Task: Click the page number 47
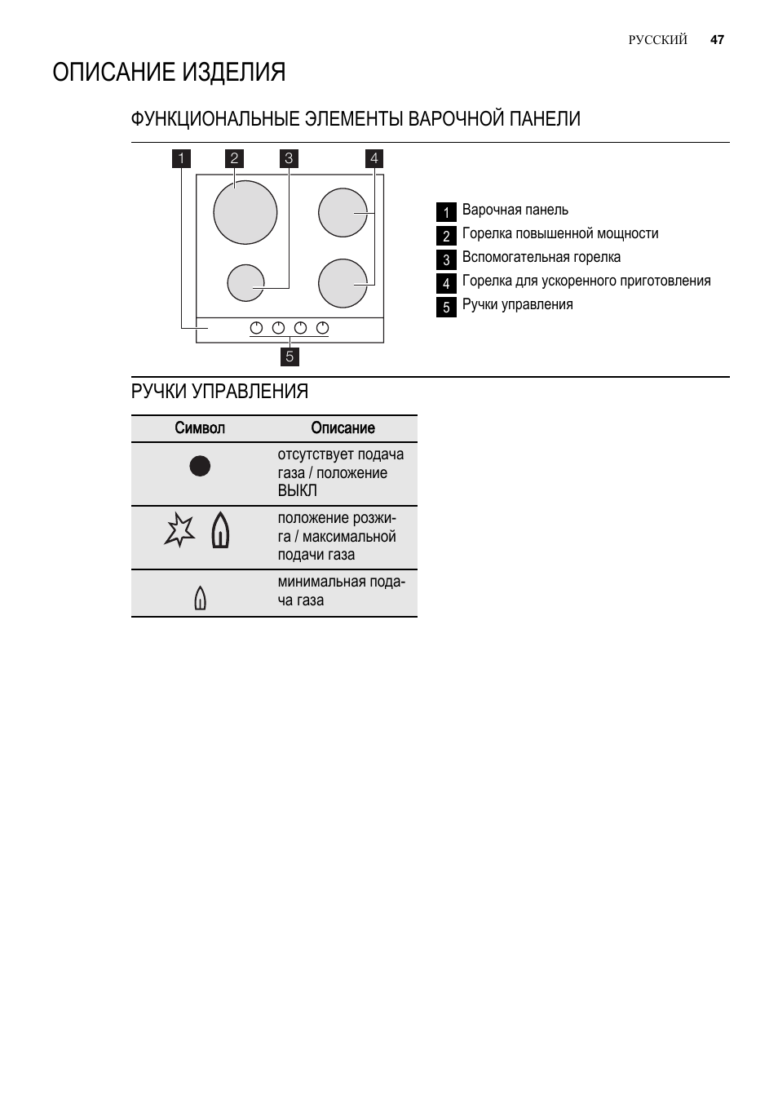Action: click(x=717, y=39)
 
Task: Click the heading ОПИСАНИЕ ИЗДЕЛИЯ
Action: click(x=169, y=73)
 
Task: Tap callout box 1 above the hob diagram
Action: click(x=181, y=158)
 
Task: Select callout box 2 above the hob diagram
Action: click(x=234, y=158)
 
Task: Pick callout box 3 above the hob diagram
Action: click(x=288, y=158)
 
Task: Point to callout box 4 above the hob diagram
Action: click(x=374, y=158)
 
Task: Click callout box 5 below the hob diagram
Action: click(x=290, y=357)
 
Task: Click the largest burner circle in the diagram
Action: click(x=245, y=212)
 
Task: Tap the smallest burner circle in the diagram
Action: click(x=245, y=283)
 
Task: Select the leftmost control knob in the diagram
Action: click(x=256, y=328)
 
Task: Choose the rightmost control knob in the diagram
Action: click(x=322, y=328)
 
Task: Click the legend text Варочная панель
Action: click(x=515, y=210)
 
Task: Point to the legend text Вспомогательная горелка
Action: click(x=541, y=258)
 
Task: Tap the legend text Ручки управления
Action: click(x=517, y=305)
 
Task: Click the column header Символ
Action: click(x=199, y=428)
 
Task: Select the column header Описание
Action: click(x=343, y=428)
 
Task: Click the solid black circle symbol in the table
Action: click(x=200, y=466)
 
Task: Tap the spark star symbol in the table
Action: click(x=179, y=530)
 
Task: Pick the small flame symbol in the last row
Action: click(x=200, y=599)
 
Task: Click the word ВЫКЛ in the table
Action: click(x=297, y=491)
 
